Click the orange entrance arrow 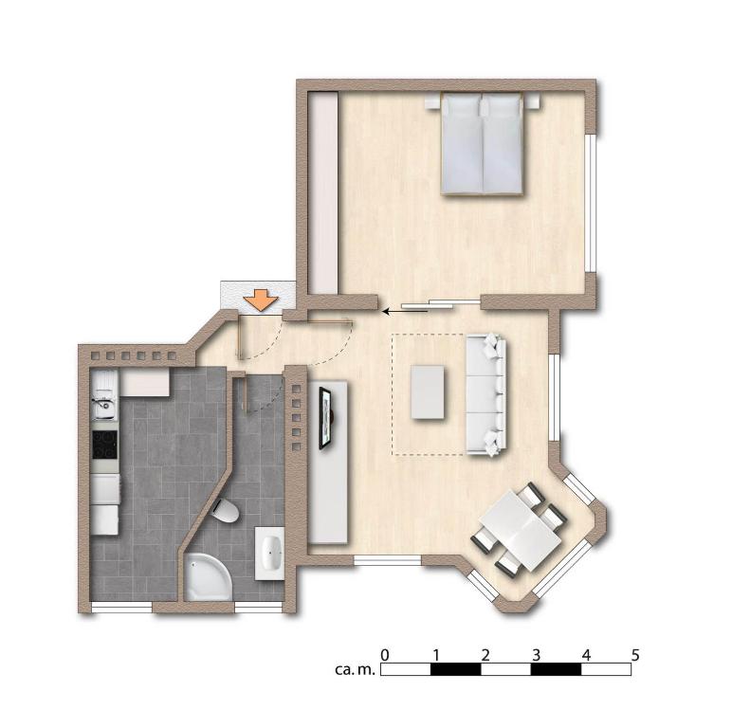tap(261, 300)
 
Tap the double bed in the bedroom tap(482, 143)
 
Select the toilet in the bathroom tap(226, 510)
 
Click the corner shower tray tap(208, 576)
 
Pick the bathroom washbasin tap(270, 553)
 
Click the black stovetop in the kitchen tap(104, 445)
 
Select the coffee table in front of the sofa tap(428, 392)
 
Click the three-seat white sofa tap(486, 394)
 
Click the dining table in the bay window tap(521, 530)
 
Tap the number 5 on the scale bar tap(634, 655)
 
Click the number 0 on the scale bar tap(384, 655)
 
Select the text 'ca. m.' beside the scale tap(355, 669)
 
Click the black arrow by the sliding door tap(404, 310)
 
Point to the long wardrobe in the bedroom tap(323, 192)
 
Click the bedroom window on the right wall tap(592, 203)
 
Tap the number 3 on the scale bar tap(536, 655)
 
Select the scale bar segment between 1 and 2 tap(456, 669)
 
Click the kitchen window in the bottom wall tap(121, 607)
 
